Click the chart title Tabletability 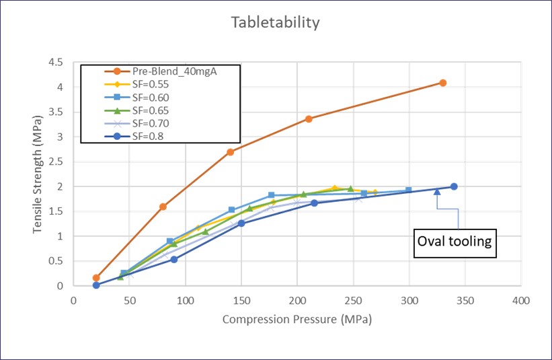pos(275,23)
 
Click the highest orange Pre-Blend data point pos(442,83)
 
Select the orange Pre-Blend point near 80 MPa pos(163,207)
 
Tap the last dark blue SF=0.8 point pos(454,186)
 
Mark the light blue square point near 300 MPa pos(409,190)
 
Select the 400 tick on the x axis pos(520,301)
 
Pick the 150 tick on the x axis pos(241,301)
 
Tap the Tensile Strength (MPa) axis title pos(38,174)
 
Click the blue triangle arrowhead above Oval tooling pos(437,192)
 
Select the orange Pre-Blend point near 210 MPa pos(309,118)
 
